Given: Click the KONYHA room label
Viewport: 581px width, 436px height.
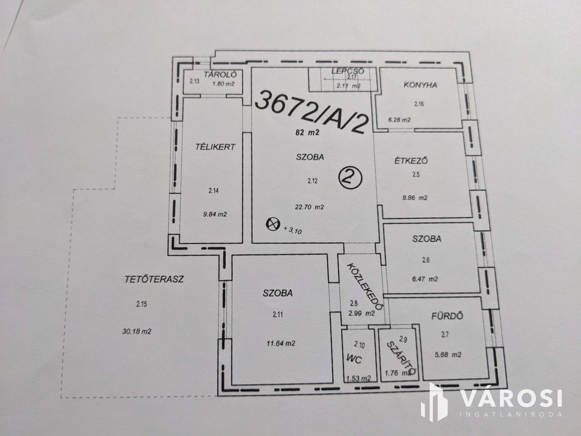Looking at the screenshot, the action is coord(420,85).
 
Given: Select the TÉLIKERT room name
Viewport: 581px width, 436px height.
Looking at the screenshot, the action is coord(215,147).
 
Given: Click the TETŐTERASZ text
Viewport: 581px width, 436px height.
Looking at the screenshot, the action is coord(154,279).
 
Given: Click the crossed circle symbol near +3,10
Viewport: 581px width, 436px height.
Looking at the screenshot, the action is coord(272,224).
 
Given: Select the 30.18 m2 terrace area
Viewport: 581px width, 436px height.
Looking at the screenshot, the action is coord(136,331).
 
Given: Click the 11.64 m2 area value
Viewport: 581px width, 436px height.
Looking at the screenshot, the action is coord(281,343).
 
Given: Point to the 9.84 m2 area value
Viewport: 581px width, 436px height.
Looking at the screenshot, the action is coord(215,214).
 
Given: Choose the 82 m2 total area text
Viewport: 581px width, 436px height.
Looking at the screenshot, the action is coord(308,133).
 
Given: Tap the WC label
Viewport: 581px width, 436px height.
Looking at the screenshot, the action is coord(354,359).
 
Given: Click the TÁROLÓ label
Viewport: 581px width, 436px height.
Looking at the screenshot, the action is coord(218,75).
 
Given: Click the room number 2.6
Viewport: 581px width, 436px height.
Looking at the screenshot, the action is coord(426,260).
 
